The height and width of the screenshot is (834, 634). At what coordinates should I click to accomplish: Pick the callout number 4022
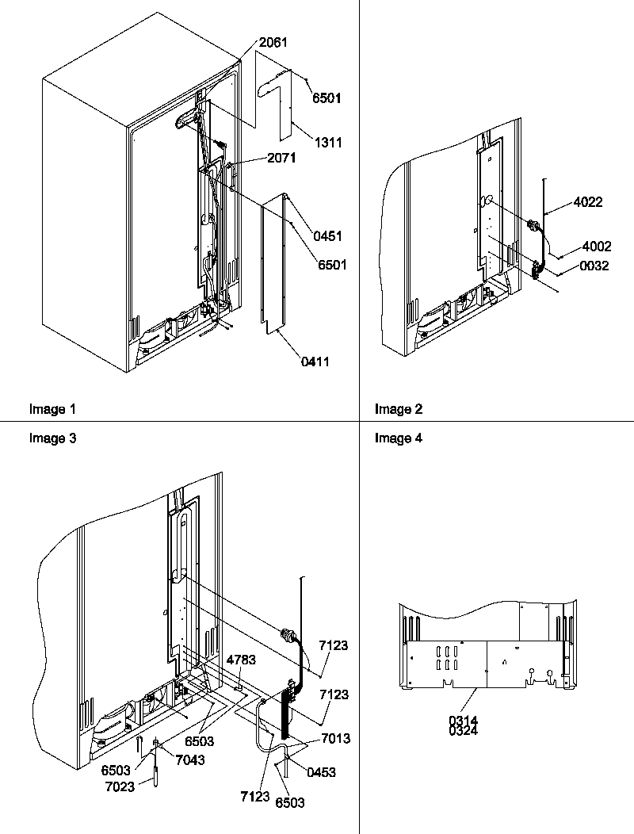[x=586, y=202]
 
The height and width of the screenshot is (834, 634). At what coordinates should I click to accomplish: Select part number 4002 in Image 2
[x=595, y=247]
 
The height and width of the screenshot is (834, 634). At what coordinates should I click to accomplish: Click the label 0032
[x=594, y=266]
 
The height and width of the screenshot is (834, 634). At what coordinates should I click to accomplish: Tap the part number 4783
[x=241, y=659]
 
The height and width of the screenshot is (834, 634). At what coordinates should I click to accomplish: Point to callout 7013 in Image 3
[x=335, y=738]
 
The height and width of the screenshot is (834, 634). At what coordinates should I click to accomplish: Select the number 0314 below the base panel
[x=464, y=720]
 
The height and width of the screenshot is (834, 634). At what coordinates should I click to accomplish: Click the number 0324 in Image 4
[x=464, y=730]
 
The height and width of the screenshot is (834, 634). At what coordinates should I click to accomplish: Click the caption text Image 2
[x=399, y=409]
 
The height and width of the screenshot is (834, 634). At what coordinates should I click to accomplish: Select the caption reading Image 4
[x=399, y=438]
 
